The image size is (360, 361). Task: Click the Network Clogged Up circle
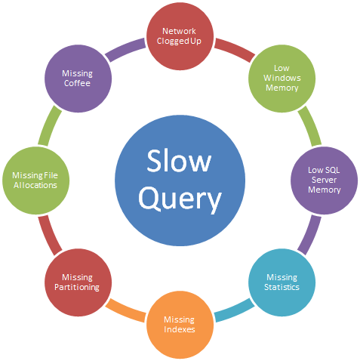(180, 36)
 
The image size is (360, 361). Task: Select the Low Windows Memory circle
(282, 79)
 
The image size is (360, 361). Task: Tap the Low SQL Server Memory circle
(324, 180)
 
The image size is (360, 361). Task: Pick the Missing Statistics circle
(282, 282)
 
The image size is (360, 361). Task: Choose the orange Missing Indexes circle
(180, 325)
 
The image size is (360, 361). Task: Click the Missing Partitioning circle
(78, 282)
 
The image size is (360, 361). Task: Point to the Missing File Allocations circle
(35, 180)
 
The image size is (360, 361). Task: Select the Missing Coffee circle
(78, 79)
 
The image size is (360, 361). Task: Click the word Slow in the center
(179, 161)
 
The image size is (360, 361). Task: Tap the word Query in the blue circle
(180, 199)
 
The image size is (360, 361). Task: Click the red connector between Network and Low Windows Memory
(235, 50)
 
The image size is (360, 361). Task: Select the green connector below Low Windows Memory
(310, 125)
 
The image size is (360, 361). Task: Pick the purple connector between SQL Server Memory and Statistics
(310, 235)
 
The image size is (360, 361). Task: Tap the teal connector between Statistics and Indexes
(235, 311)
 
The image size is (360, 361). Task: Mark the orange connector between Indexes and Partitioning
(125, 311)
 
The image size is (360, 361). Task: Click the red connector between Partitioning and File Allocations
(50, 235)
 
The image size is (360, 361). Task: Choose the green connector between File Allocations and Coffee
(50, 125)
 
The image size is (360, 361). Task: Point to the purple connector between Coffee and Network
(125, 50)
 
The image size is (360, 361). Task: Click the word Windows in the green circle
(282, 78)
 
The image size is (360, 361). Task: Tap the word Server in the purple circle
(324, 180)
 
